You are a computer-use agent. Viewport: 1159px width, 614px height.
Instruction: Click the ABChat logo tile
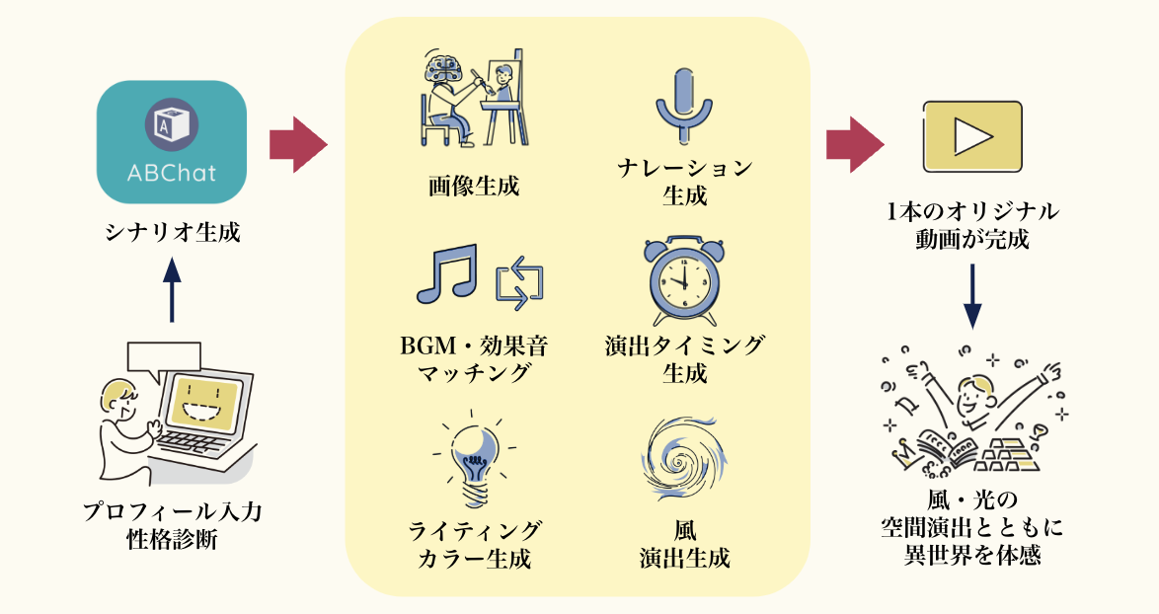click(173, 142)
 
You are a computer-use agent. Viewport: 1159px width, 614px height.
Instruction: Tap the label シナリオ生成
click(173, 235)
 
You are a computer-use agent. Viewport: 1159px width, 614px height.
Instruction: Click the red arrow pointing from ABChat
click(297, 144)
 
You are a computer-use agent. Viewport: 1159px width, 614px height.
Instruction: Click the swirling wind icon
click(685, 454)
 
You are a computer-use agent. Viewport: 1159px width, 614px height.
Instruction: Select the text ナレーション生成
click(684, 182)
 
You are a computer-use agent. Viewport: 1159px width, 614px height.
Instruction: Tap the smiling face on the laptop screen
click(206, 402)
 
